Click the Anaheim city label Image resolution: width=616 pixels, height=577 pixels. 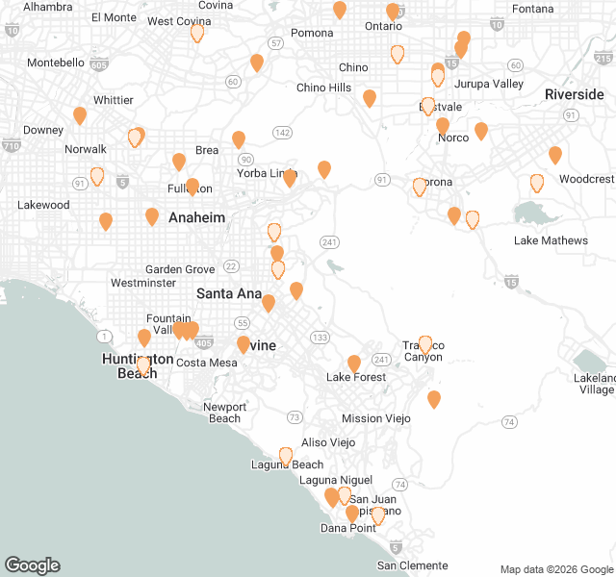(x=196, y=217)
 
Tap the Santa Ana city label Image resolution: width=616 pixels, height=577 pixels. (x=229, y=292)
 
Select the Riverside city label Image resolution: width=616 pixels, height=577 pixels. (x=574, y=94)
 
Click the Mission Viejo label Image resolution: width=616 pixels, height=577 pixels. (x=375, y=418)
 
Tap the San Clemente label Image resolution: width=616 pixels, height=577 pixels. (x=412, y=564)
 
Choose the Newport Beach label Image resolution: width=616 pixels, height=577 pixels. (x=225, y=412)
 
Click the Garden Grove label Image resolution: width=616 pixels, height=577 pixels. (x=180, y=269)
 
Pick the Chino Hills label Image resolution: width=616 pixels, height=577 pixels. (x=323, y=88)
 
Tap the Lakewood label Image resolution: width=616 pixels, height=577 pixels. (x=43, y=205)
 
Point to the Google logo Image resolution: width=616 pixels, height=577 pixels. (x=32, y=565)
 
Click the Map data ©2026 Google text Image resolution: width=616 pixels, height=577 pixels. (x=555, y=568)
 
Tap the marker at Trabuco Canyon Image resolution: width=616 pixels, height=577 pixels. (x=425, y=345)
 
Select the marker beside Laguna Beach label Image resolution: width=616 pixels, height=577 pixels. (x=286, y=456)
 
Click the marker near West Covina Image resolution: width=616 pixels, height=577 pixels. (x=197, y=33)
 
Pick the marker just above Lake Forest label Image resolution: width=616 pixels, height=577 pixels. (x=354, y=363)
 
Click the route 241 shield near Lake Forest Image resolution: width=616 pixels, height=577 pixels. (x=382, y=360)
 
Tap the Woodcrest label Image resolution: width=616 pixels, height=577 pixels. (x=585, y=179)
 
